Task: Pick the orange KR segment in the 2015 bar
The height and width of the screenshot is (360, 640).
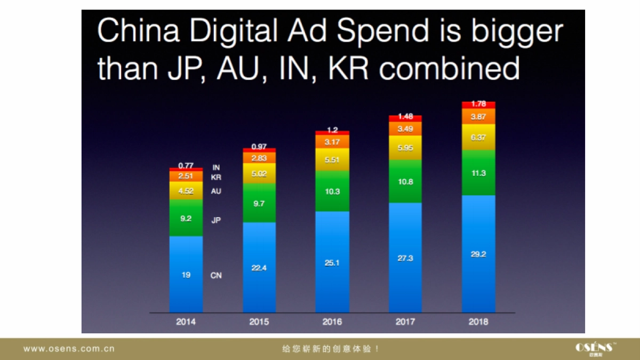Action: pos(259,157)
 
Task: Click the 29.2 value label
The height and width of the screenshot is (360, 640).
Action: pos(478,254)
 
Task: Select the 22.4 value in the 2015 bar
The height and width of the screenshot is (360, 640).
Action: pos(259,268)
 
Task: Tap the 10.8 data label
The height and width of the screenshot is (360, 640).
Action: pos(405,182)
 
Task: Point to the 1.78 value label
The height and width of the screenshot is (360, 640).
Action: pos(478,104)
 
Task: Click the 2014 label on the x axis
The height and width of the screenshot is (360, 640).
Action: pos(186,322)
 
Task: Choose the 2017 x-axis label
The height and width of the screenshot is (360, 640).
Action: pos(405,322)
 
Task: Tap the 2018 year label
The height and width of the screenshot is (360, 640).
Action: pos(478,322)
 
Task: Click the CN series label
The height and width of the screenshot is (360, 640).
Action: pos(216,276)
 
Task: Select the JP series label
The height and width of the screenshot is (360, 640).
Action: pos(216,219)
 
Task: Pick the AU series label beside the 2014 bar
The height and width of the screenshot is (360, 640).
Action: pos(216,191)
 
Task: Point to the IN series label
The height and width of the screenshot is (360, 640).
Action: pos(216,167)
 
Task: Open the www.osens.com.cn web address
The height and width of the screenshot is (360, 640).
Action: pos(69,349)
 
